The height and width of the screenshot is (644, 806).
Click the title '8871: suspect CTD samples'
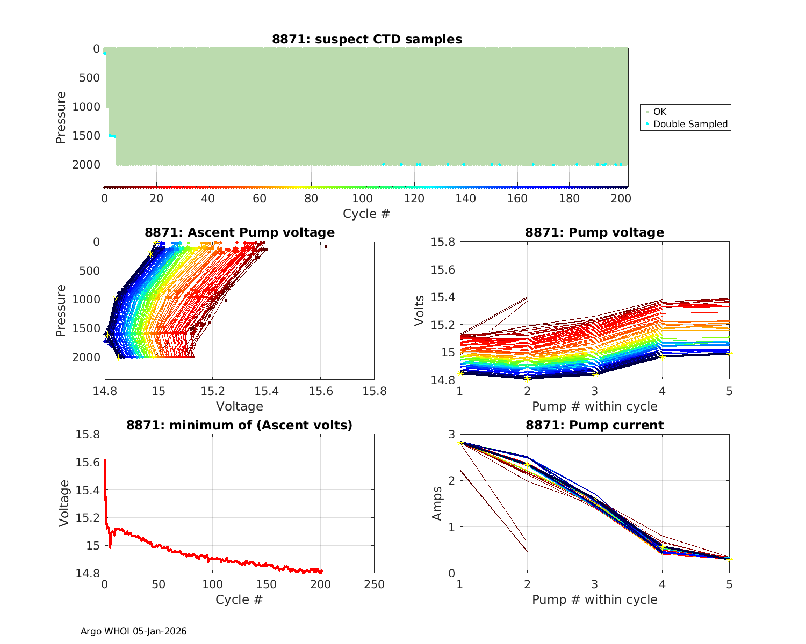coord(366,39)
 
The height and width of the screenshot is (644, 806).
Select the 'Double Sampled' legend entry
coord(690,124)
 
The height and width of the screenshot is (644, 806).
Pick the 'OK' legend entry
coord(659,112)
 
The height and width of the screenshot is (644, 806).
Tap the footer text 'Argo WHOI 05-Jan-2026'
coord(133,631)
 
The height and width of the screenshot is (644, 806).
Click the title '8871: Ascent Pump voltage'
coord(239,232)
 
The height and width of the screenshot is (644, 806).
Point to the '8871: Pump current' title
coord(594,425)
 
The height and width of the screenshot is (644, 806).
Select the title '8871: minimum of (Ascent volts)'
coord(239,425)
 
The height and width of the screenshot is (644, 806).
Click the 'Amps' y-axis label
coord(437,503)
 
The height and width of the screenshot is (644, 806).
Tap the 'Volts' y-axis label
coord(420,311)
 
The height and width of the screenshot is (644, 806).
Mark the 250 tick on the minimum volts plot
coord(374,584)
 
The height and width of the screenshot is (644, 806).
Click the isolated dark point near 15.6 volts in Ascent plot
coord(326,246)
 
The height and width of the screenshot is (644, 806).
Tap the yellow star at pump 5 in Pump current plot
coord(730,560)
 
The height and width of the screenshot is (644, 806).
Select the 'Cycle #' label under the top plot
coord(366,214)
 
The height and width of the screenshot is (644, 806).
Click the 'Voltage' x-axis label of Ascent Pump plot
coord(239,406)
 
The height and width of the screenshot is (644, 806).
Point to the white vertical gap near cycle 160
coord(516,107)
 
